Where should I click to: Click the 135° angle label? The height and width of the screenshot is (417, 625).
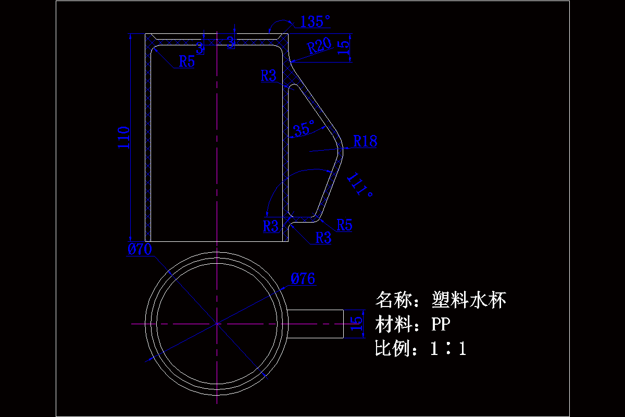(316, 22)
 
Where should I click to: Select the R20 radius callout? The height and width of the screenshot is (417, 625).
(319, 46)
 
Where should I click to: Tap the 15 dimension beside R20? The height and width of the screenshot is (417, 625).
(344, 48)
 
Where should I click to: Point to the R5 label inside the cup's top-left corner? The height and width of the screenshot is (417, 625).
(186, 61)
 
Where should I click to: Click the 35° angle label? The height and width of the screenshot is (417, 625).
(304, 128)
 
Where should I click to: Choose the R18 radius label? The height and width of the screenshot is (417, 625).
(365, 141)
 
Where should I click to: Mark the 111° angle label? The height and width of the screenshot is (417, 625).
(360, 184)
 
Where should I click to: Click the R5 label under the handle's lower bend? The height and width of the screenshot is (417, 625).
(344, 225)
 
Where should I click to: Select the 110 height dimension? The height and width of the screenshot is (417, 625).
(123, 138)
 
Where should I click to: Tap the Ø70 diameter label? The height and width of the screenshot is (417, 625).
(140, 250)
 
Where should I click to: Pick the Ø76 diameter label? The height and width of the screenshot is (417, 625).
(303, 279)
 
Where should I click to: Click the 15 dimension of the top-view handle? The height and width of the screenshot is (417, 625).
(356, 324)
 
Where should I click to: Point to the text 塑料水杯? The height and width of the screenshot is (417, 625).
(469, 300)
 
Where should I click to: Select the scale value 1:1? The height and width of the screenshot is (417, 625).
(448, 348)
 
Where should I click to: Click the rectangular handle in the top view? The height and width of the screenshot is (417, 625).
(316, 324)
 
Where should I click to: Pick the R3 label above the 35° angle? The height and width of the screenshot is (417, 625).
(269, 76)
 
